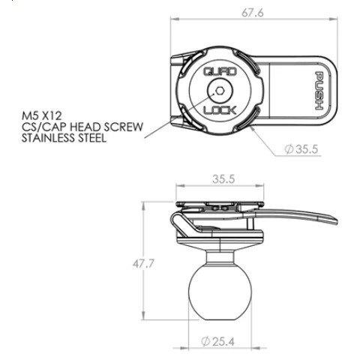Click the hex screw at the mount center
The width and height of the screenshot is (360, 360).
[x=218, y=92]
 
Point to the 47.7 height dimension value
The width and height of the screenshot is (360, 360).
[x=133, y=263]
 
